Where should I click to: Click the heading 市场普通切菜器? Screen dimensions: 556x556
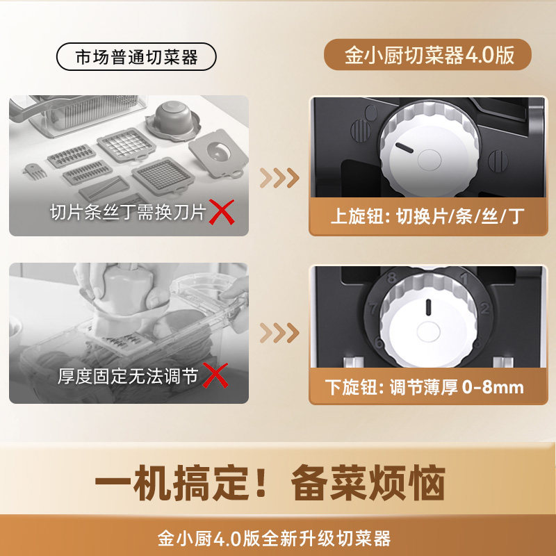[x=136, y=57]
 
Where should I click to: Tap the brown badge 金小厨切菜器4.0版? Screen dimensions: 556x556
[x=427, y=55]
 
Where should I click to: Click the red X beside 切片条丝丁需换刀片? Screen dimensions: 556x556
[x=221, y=212]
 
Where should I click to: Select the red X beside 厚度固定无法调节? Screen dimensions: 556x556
[x=215, y=375]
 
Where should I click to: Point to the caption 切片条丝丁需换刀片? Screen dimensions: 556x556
[x=128, y=213]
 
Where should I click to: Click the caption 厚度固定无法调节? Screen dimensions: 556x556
[x=128, y=376]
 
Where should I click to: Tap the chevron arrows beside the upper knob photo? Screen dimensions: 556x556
[x=279, y=178]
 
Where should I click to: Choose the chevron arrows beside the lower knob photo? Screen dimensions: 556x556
[x=279, y=333]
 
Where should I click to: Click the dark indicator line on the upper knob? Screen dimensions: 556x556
[x=404, y=148]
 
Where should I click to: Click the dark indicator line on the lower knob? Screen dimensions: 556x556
[x=428, y=307]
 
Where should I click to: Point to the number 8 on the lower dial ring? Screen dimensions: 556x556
[x=391, y=277]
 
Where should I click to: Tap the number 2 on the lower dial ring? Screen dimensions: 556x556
[x=484, y=308]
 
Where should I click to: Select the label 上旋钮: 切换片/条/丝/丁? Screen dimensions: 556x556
[x=427, y=216]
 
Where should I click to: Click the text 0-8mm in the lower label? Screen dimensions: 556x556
[x=493, y=387]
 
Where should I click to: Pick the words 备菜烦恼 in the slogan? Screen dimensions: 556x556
[x=368, y=482]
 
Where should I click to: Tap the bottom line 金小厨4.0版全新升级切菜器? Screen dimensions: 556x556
[x=274, y=539]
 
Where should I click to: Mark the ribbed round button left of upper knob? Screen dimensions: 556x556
[x=361, y=131]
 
